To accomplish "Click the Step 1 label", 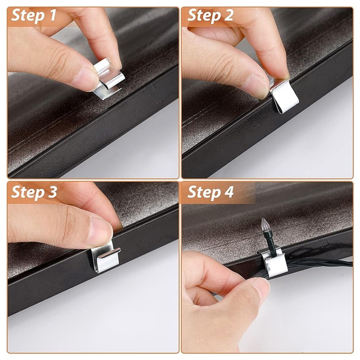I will pos(34,16).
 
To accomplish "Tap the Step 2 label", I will pos(210,16).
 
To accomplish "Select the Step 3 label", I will pos(34,192).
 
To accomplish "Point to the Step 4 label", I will pos(210,192).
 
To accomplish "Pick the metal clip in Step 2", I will pos(285,96).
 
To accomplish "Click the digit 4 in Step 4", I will pos(229,192).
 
